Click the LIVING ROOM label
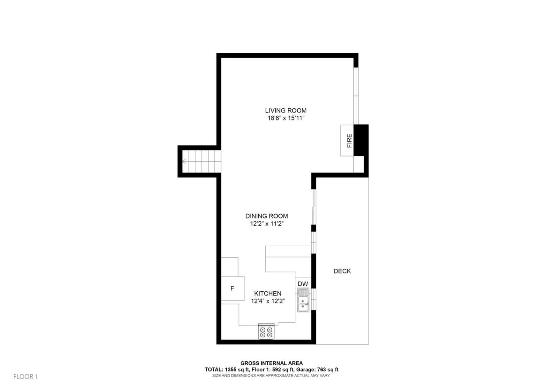(286, 111)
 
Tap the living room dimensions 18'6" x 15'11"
(286, 118)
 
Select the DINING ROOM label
(267, 216)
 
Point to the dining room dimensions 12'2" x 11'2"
(267, 224)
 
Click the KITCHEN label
(268, 293)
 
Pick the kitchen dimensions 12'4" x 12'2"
(268, 301)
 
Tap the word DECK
(342, 271)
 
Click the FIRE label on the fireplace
(349, 141)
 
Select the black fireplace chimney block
(361, 140)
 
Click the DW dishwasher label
(303, 284)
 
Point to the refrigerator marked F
(232, 289)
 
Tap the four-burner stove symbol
(266, 332)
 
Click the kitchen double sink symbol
(303, 300)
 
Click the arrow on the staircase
(184, 161)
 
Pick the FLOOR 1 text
(25, 377)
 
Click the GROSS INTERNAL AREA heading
(271, 363)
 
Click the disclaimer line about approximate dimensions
(271, 375)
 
